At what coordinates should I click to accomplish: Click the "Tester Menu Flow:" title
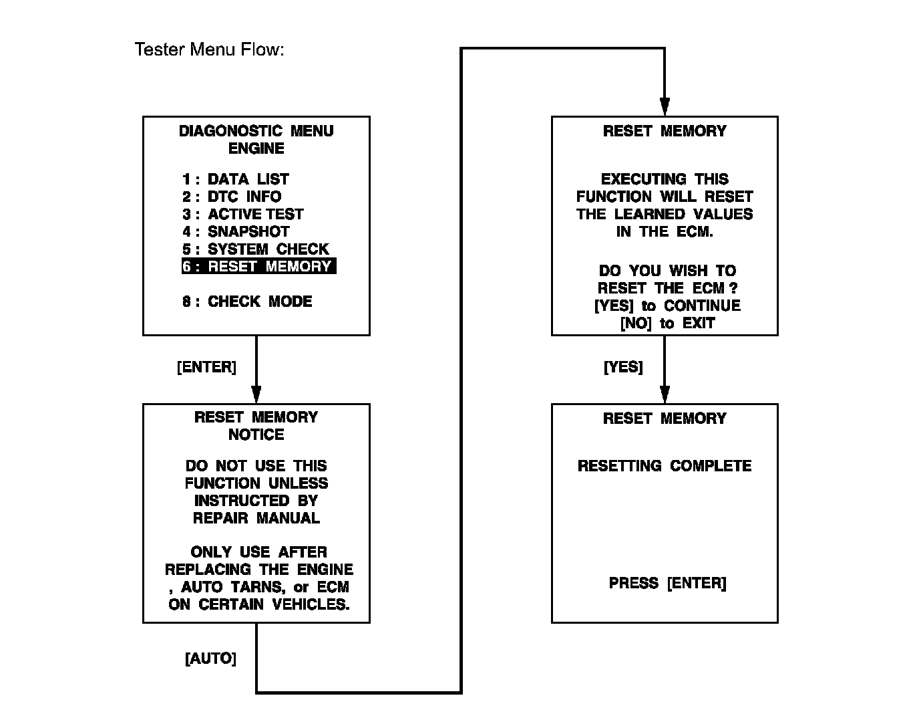(209, 49)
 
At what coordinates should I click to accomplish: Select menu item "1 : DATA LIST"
(235, 179)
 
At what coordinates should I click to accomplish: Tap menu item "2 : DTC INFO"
(232, 197)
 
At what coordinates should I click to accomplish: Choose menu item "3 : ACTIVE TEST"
(242, 214)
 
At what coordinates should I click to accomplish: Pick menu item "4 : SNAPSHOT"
(236, 231)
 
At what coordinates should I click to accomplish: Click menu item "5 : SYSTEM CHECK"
(255, 249)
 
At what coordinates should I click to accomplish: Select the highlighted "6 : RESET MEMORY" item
(258, 266)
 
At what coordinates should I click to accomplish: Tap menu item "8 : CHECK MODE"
(247, 302)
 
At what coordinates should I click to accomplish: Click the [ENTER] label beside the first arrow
(206, 367)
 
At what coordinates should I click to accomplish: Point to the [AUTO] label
(210, 659)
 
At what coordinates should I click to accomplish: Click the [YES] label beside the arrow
(623, 367)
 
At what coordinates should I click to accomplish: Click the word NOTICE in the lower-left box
(256, 435)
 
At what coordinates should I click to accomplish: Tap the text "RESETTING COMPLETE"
(665, 466)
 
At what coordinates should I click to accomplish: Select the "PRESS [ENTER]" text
(667, 583)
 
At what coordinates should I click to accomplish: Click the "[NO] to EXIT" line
(667, 324)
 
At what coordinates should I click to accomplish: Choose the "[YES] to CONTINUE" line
(667, 306)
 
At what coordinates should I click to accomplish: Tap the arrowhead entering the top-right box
(665, 107)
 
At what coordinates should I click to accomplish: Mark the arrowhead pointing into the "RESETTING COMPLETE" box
(665, 394)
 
